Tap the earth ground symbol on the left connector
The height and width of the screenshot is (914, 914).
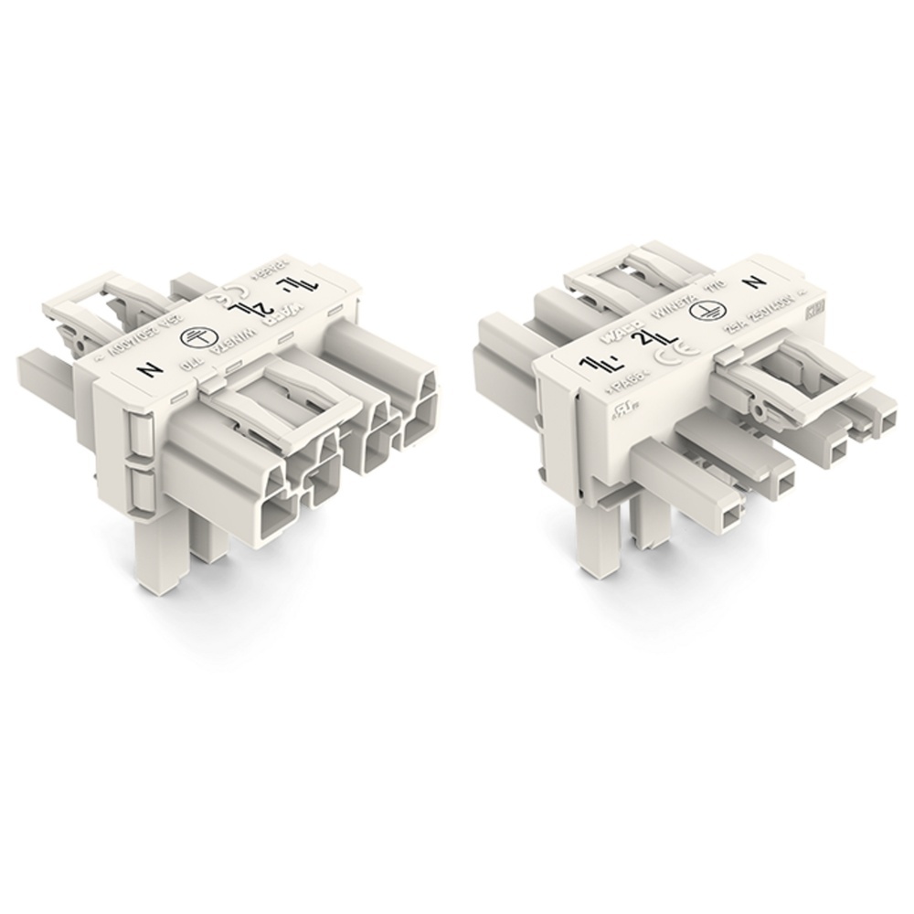pos(195,337)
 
